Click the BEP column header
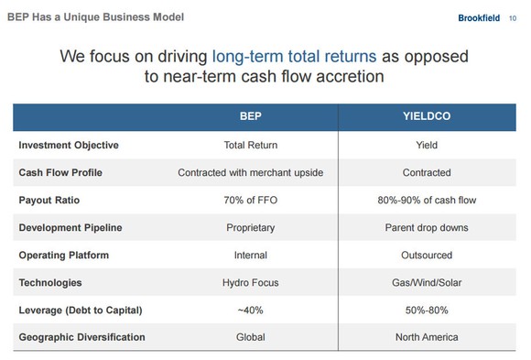(x=251, y=116)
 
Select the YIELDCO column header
(x=427, y=116)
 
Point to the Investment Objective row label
(x=69, y=145)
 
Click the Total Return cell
(x=250, y=145)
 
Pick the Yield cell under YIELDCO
(x=427, y=145)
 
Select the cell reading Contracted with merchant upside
(x=250, y=172)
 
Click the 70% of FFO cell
(x=250, y=200)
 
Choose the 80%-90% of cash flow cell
(x=427, y=200)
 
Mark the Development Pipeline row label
(x=70, y=227)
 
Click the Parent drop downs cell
(x=427, y=227)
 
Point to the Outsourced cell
(x=427, y=255)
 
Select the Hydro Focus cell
(x=250, y=282)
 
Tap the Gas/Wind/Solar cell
(x=427, y=282)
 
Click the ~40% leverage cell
(x=250, y=310)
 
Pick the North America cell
(x=427, y=337)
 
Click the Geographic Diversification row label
(x=81, y=337)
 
